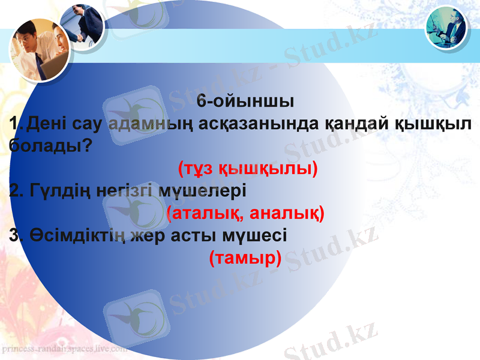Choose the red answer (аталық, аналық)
pos(245,213)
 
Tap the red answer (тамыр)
pos(245,259)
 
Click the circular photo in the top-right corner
pos(446,27)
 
